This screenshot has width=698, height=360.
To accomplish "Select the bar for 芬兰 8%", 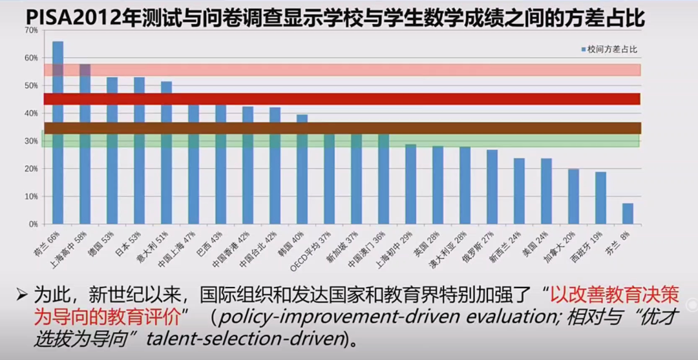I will (x=628, y=213).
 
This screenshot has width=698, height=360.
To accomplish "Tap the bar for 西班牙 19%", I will (x=600, y=198).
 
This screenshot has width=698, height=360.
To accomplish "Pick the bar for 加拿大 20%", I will (x=573, y=196).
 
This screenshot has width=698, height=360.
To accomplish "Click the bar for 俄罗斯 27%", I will (x=492, y=187).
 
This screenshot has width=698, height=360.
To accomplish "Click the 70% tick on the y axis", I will (x=31, y=30).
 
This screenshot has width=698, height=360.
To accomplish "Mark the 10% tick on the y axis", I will (x=31, y=196).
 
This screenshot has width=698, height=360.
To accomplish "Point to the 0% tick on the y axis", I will (x=33, y=224).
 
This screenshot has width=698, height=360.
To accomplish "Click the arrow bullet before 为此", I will (x=23, y=295).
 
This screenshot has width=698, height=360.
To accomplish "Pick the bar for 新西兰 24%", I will (x=519, y=191).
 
